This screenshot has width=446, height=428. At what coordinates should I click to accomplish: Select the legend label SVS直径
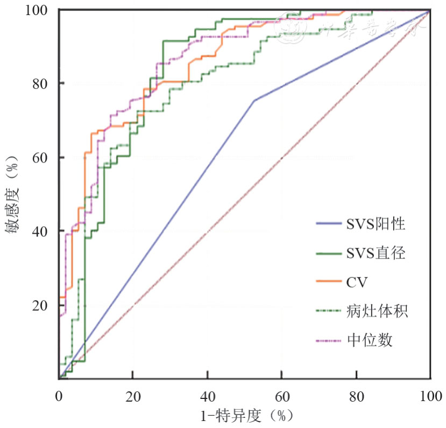[x=376, y=253]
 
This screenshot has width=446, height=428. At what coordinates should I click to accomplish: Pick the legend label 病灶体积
[x=377, y=311]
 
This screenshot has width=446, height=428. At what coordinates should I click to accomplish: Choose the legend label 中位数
[x=370, y=340]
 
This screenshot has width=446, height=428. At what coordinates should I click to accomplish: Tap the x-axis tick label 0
[x=59, y=396]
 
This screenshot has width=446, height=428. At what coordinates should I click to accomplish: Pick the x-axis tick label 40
[x=208, y=396]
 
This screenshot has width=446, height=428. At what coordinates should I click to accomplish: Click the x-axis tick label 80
[x=356, y=396]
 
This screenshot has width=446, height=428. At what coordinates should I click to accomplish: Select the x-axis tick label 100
[x=430, y=396]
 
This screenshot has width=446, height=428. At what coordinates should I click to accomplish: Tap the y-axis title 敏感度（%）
[x=12, y=195]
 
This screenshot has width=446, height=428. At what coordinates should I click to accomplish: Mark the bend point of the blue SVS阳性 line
[x=254, y=100]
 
